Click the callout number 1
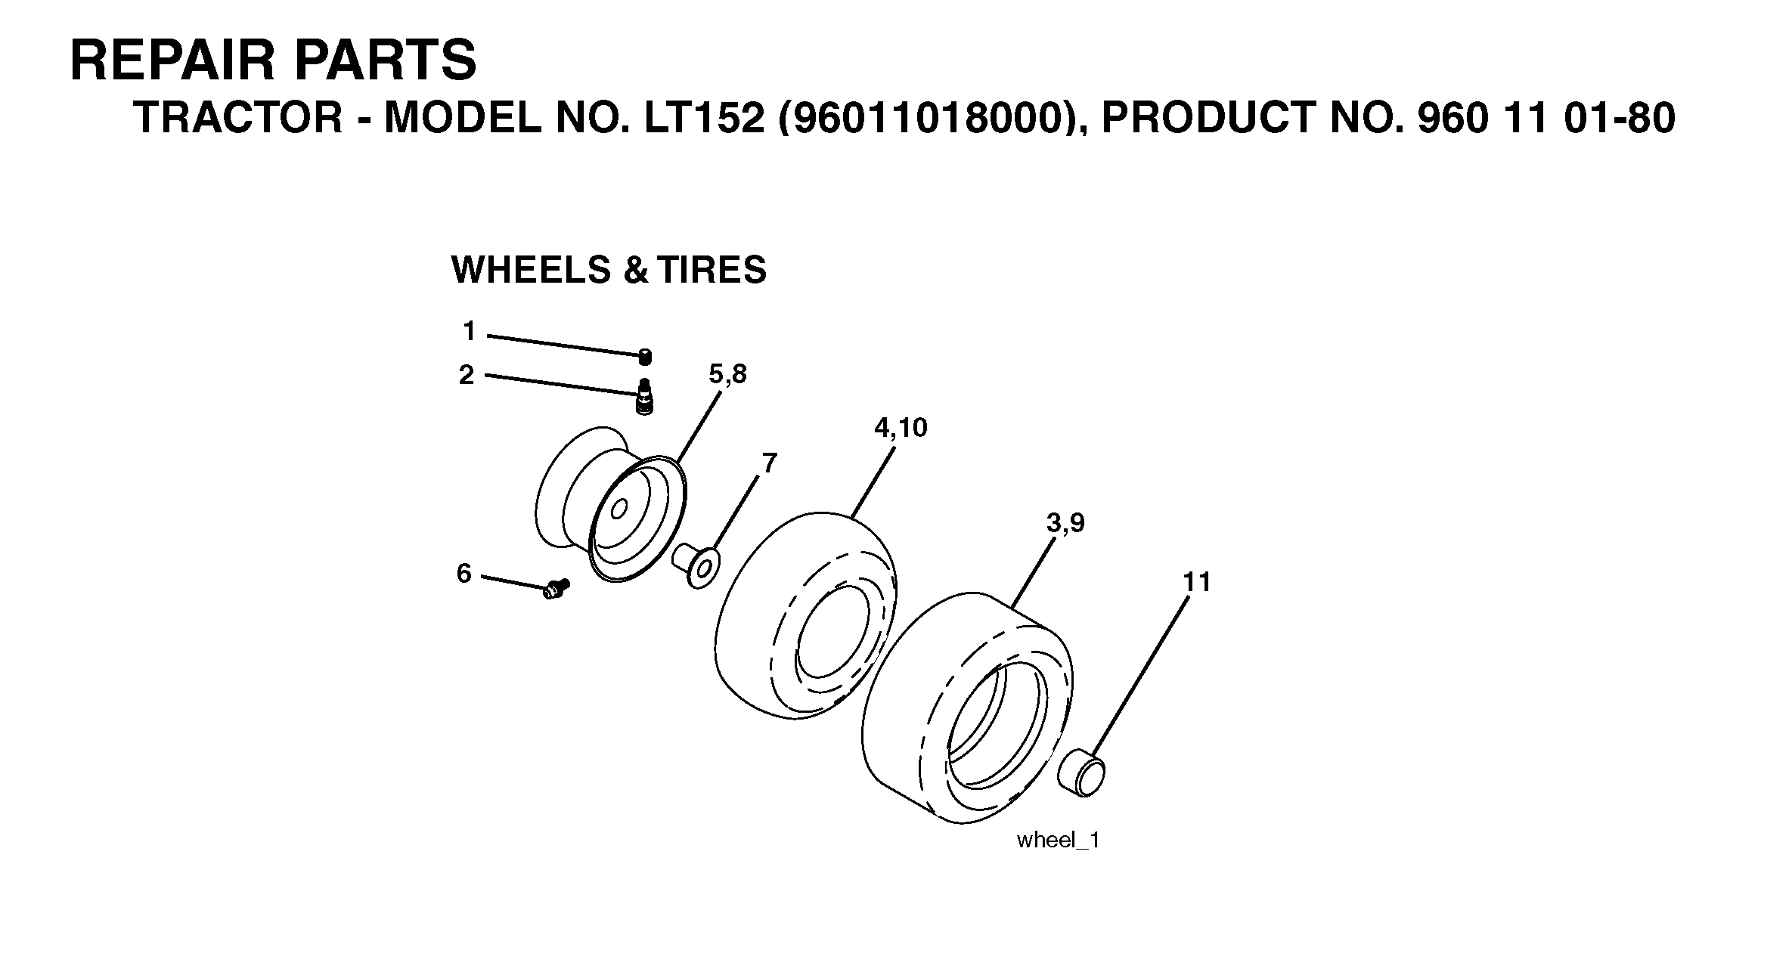[x=470, y=331]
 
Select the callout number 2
[x=467, y=375]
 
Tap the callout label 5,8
[x=727, y=374]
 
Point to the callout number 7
[x=769, y=463]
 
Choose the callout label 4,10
[x=901, y=428]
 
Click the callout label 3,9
[x=1065, y=523]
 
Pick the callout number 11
[x=1197, y=582]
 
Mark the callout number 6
[x=464, y=574]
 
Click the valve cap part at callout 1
[x=645, y=357]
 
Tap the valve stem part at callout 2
[x=644, y=398]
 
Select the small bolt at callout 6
[x=557, y=588]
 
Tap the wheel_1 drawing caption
[x=1058, y=841]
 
